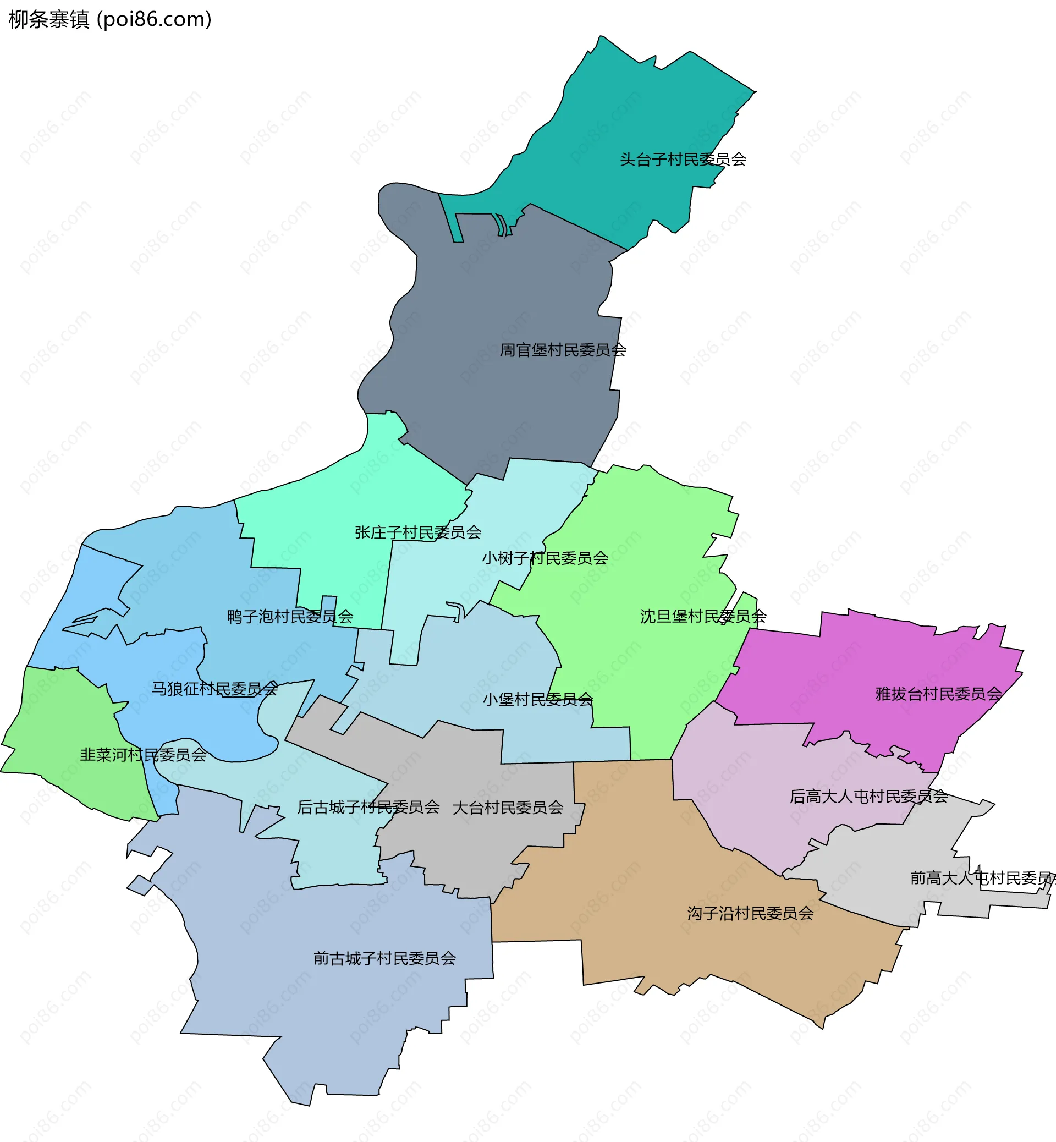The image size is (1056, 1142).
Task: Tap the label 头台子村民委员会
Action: [683, 160]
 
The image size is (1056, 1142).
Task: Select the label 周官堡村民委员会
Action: [563, 350]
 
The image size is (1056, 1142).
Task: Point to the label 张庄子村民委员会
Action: [417, 532]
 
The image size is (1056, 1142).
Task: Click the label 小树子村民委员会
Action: [544, 558]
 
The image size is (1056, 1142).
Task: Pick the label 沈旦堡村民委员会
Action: [703, 616]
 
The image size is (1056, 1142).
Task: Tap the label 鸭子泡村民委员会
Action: [290, 617]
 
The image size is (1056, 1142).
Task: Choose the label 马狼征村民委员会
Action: [215, 689]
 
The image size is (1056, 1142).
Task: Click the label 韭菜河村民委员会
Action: [143, 755]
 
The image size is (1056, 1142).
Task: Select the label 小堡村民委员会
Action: [538, 700]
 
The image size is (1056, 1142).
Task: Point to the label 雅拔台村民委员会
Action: [939, 694]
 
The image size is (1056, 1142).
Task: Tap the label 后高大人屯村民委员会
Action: [868, 796]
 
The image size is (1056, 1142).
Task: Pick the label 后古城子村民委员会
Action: [368, 807]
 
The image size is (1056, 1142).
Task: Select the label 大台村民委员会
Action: [508, 808]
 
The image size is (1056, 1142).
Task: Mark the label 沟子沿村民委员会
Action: [750, 913]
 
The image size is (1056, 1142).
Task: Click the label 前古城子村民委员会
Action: [384, 958]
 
